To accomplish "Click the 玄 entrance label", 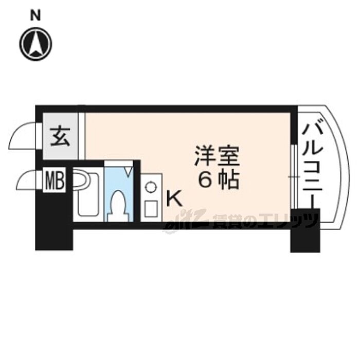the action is click(x=61, y=136).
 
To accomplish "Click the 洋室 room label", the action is click(x=217, y=156).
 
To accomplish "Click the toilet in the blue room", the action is click(x=119, y=203).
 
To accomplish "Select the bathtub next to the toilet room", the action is click(x=88, y=195).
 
